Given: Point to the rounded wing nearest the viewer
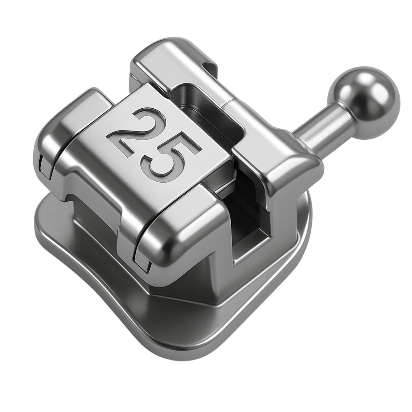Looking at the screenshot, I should [x=169, y=237].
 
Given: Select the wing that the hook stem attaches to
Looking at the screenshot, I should [x=290, y=169].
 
